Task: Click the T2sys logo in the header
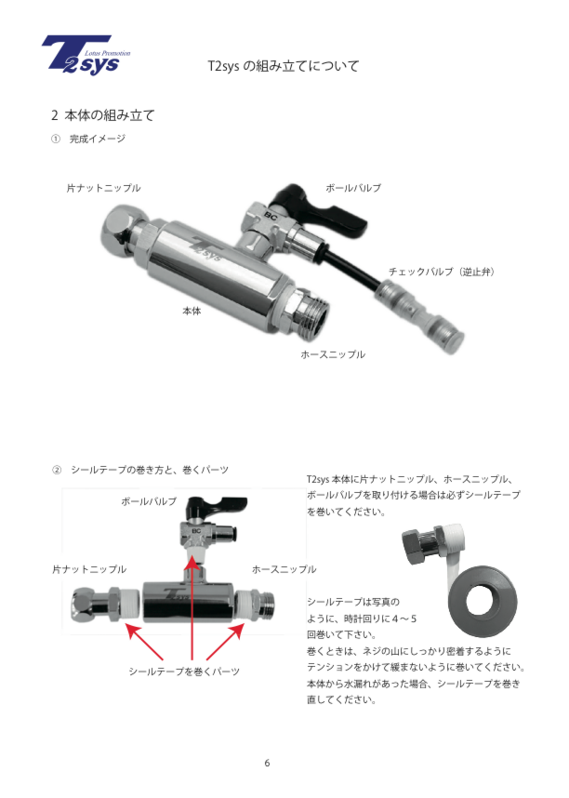(x=86, y=55)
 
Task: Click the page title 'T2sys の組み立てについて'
(x=284, y=66)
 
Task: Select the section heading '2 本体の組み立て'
(x=103, y=115)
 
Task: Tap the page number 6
(x=267, y=763)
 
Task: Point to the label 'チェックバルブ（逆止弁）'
(x=442, y=272)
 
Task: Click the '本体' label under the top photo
(x=192, y=311)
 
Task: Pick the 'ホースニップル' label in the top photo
(x=333, y=354)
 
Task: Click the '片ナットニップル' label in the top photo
(x=104, y=188)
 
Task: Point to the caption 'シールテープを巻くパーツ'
(x=184, y=672)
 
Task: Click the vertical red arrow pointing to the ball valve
(x=192, y=607)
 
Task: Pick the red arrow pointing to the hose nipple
(x=225, y=642)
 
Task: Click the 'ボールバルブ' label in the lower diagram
(x=149, y=502)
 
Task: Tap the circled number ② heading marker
(x=57, y=470)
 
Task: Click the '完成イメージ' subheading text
(x=98, y=139)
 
